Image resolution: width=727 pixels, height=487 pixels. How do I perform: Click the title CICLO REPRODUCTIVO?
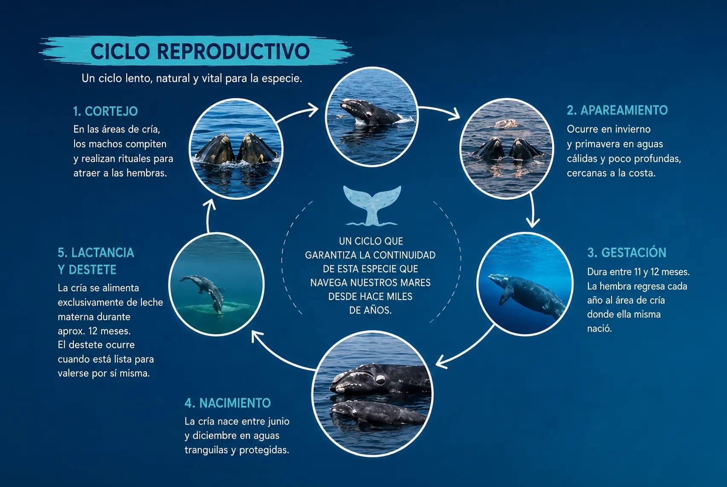click(x=200, y=51)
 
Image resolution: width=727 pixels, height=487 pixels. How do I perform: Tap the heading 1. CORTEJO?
click(x=105, y=111)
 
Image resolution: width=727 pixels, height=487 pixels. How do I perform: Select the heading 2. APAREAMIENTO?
click(x=617, y=110)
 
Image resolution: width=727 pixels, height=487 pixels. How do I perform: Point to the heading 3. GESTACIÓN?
click(x=627, y=252)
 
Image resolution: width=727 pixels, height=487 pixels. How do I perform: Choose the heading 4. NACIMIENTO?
click(x=228, y=403)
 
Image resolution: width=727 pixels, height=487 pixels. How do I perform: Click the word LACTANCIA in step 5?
click(x=103, y=253)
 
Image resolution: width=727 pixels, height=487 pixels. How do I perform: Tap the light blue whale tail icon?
click(x=372, y=205)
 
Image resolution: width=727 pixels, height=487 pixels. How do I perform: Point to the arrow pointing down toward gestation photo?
click(x=532, y=210)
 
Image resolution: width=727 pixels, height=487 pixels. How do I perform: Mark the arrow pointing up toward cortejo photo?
click(x=209, y=215)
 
